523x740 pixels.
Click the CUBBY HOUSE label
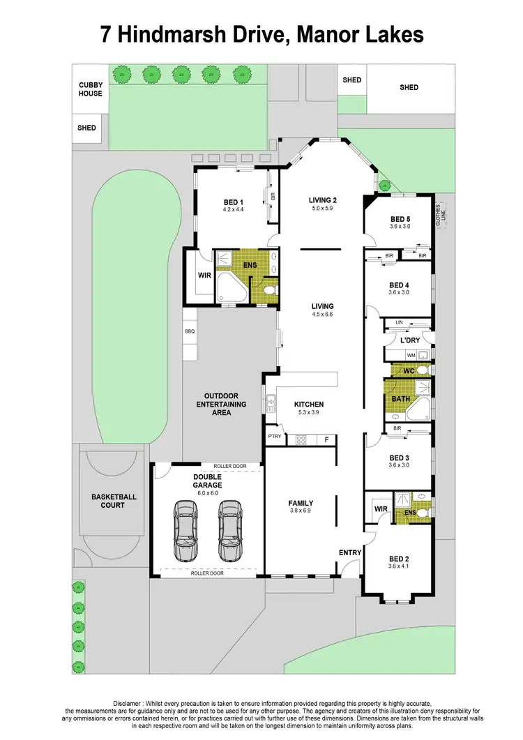point(90,89)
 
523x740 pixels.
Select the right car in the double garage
point(230,531)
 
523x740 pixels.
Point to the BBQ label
point(189,332)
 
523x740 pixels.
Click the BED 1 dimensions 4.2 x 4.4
point(233,209)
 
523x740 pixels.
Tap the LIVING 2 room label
point(323,200)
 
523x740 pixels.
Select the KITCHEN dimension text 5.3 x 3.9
point(309,413)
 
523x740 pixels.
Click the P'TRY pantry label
point(275,437)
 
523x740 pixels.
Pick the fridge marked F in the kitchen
point(325,439)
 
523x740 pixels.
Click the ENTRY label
point(350,553)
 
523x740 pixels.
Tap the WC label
point(409,370)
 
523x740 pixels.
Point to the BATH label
point(400,399)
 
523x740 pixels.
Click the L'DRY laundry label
point(408,340)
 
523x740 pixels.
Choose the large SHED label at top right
point(409,87)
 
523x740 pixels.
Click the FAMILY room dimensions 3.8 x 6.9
point(301,511)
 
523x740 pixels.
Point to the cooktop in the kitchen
point(302,439)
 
